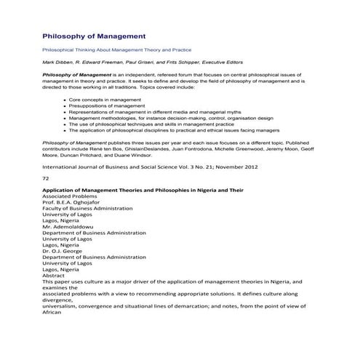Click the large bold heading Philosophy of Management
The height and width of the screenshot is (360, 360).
(x=94, y=35)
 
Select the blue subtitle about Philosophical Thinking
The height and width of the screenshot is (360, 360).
(x=116, y=50)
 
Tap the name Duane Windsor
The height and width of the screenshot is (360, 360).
(x=133, y=154)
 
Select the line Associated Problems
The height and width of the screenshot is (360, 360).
(x=68, y=197)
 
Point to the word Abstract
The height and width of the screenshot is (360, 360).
(x=54, y=275)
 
